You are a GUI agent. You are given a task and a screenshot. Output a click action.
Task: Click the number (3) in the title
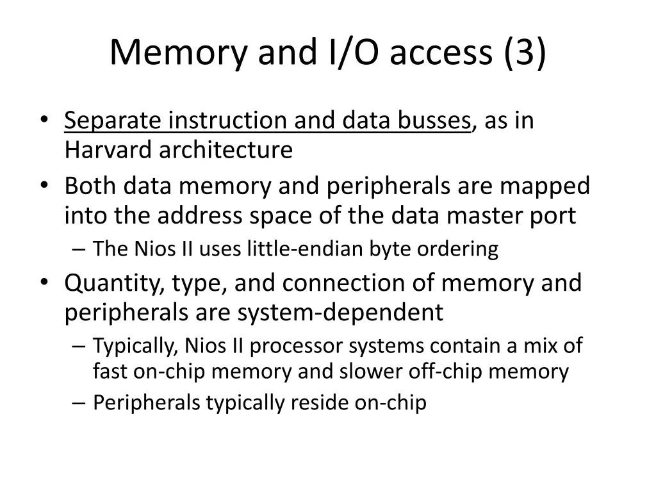(x=525, y=53)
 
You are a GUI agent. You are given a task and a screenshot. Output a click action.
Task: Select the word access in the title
(x=441, y=53)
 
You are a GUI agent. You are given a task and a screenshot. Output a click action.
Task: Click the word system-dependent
(x=340, y=313)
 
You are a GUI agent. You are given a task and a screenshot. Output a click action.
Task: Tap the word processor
(x=297, y=346)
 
